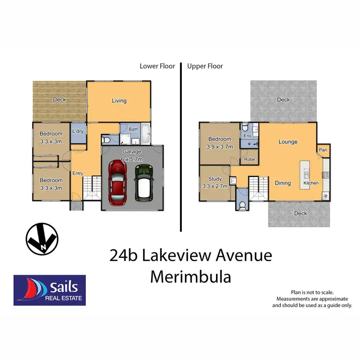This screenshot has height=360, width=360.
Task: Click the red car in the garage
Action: pyautogui.click(x=117, y=182)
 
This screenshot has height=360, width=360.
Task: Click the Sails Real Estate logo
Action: pyautogui.click(x=49, y=290)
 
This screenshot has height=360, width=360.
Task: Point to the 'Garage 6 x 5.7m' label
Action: pyautogui.click(x=132, y=155)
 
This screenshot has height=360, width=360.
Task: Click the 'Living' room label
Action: pyautogui.click(x=119, y=101)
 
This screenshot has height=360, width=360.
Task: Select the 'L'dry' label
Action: pyautogui.click(x=78, y=132)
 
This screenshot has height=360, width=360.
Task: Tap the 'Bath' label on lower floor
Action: pyautogui.click(x=133, y=129)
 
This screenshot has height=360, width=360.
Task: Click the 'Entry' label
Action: pyautogui.click(x=78, y=173)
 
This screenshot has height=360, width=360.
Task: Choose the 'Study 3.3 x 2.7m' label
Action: pyautogui.click(x=214, y=183)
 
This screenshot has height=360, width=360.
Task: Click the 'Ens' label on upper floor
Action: pyautogui.click(x=247, y=136)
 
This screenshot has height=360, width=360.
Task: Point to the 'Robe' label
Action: pyautogui.click(x=249, y=159)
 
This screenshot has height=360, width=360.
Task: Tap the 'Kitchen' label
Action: pyautogui.click(x=311, y=184)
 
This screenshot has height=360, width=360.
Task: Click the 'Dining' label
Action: pyautogui.click(x=283, y=183)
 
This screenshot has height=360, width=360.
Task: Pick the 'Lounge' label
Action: pyautogui.click(x=288, y=142)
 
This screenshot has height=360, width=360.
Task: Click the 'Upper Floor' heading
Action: pyautogui.click(x=205, y=66)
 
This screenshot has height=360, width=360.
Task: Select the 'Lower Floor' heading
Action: pyautogui.click(x=157, y=66)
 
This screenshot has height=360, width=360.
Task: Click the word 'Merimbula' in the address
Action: pyautogui.click(x=191, y=276)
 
